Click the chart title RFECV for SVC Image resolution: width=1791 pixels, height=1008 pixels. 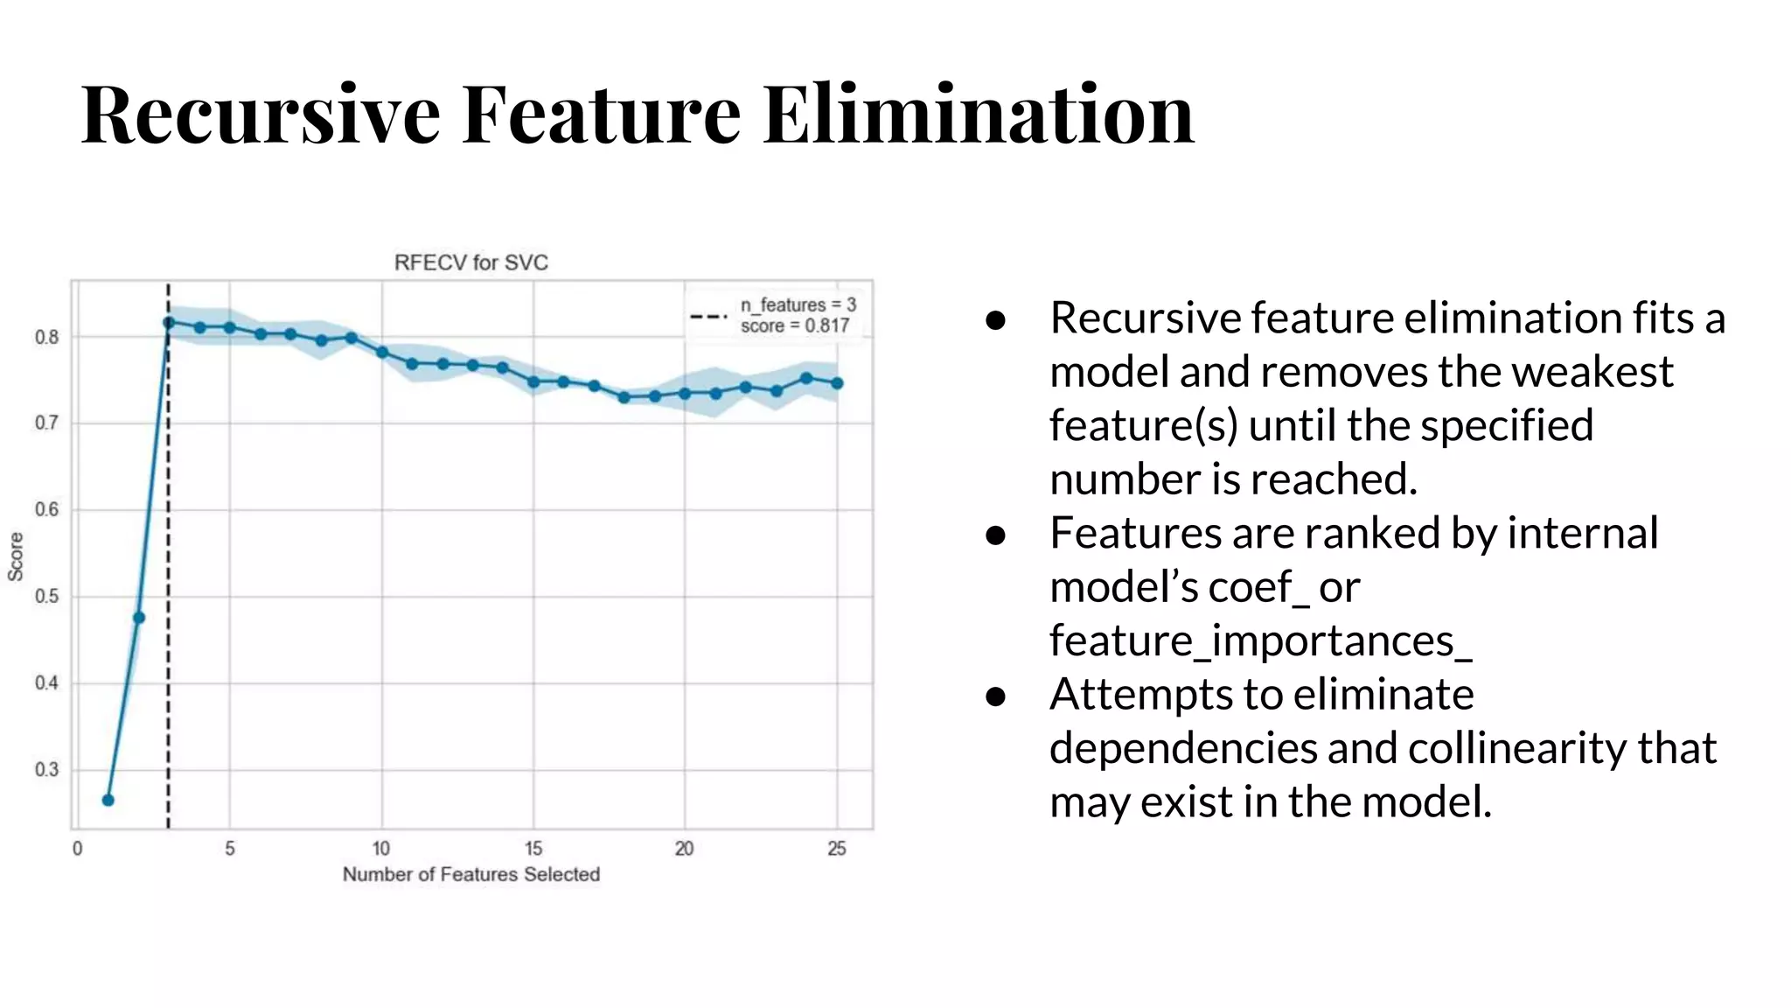click(x=470, y=262)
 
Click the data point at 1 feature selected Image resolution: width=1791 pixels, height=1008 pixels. click(x=108, y=800)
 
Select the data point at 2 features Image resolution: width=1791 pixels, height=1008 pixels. click(x=138, y=618)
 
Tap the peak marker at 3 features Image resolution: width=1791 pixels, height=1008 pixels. click(x=169, y=322)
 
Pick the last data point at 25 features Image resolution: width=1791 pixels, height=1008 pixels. click(x=837, y=383)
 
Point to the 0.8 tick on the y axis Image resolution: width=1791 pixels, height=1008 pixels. click(x=46, y=337)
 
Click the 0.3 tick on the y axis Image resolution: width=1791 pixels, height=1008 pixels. click(x=46, y=770)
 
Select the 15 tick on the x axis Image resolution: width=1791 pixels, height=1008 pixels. click(x=533, y=848)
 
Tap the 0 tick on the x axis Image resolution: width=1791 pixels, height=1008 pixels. click(x=77, y=848)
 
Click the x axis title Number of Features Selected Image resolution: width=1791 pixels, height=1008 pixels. click(x=470, y=874)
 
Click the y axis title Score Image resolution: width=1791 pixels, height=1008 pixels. click(x=16, y=556)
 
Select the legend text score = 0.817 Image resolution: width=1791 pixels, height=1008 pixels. click(x=795, y=326)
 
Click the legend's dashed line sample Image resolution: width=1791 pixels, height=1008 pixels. click(x=708, y=316)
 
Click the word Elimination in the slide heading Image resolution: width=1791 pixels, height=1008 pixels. click(x=978, y=114)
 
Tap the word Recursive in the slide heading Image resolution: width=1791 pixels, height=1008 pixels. click(x=261, y=114)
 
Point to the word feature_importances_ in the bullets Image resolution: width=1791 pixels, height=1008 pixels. click(x=1260, y=641)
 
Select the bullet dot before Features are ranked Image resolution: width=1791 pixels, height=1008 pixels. click(x=995, y=535)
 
